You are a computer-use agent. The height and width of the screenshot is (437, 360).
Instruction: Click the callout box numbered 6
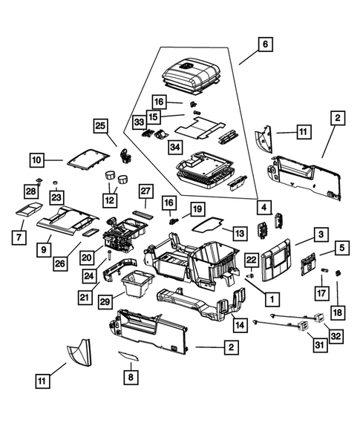264,44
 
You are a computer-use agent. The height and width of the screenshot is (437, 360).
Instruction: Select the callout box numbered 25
100,126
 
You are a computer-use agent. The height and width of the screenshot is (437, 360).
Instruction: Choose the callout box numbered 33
139,122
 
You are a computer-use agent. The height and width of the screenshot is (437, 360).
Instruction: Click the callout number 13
238,233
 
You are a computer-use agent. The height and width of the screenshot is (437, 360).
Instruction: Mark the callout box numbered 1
272,299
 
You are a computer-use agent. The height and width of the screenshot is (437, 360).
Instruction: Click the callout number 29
105,300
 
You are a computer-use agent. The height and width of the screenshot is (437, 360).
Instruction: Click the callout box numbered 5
341,246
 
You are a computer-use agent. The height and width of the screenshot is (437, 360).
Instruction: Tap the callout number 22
251,259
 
